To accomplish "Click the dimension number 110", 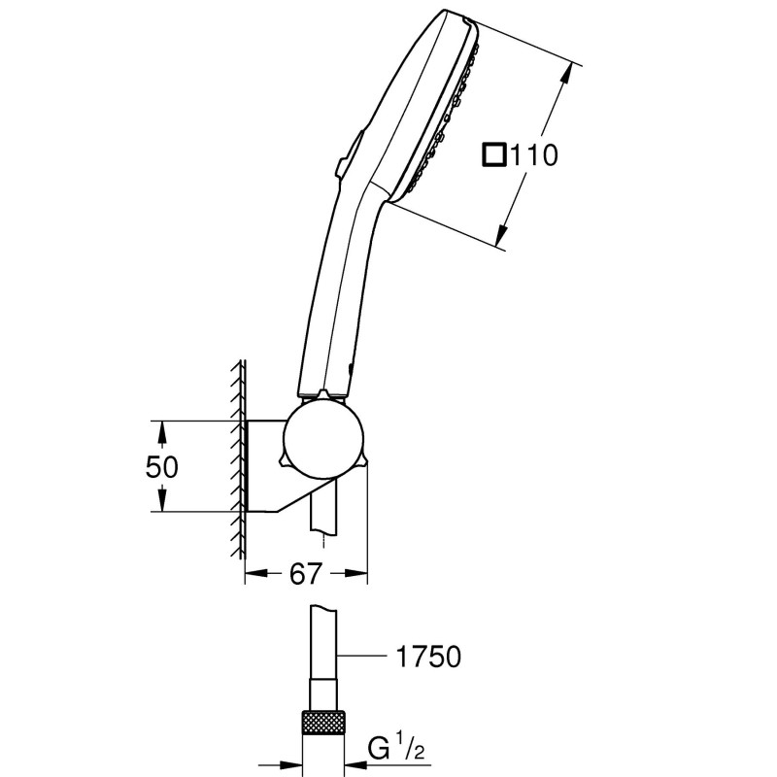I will [534, 155].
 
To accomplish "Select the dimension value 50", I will [163, 467].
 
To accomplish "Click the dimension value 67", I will [306, 574].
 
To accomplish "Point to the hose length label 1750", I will [428, 658].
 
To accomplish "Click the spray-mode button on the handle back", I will [346, 155].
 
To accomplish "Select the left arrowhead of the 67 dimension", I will [253, 575].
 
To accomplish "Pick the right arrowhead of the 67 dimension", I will [361, 575].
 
